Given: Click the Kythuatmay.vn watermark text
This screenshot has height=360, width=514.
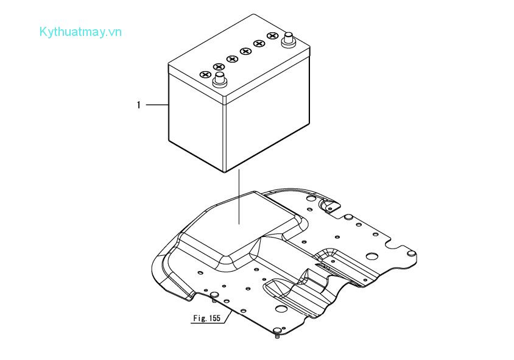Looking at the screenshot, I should tap(80, 32).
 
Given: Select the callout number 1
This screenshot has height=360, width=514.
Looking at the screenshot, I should tap(138, 105).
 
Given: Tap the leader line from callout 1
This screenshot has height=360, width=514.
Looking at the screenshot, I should tap(157, 105).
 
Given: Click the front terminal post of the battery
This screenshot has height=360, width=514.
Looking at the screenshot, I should tap(219, 79).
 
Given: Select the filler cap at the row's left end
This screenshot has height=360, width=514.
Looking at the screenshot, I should tap(205, 74).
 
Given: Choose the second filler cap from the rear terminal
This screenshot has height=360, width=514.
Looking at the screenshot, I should tap(259, 44).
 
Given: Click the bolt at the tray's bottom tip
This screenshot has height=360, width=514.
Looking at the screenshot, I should tap(277, 332).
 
